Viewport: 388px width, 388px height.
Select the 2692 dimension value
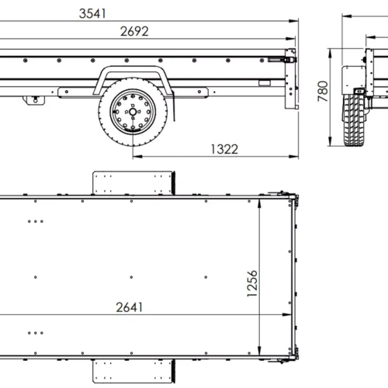pyautogui.click(x=133, y=32)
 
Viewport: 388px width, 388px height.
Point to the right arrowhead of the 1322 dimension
pyautogui.click(x=295, y=156)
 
